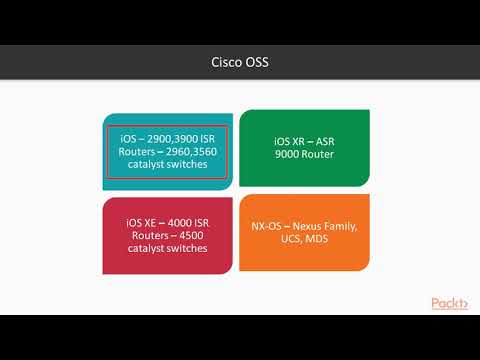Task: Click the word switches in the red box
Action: coord(190,248)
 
